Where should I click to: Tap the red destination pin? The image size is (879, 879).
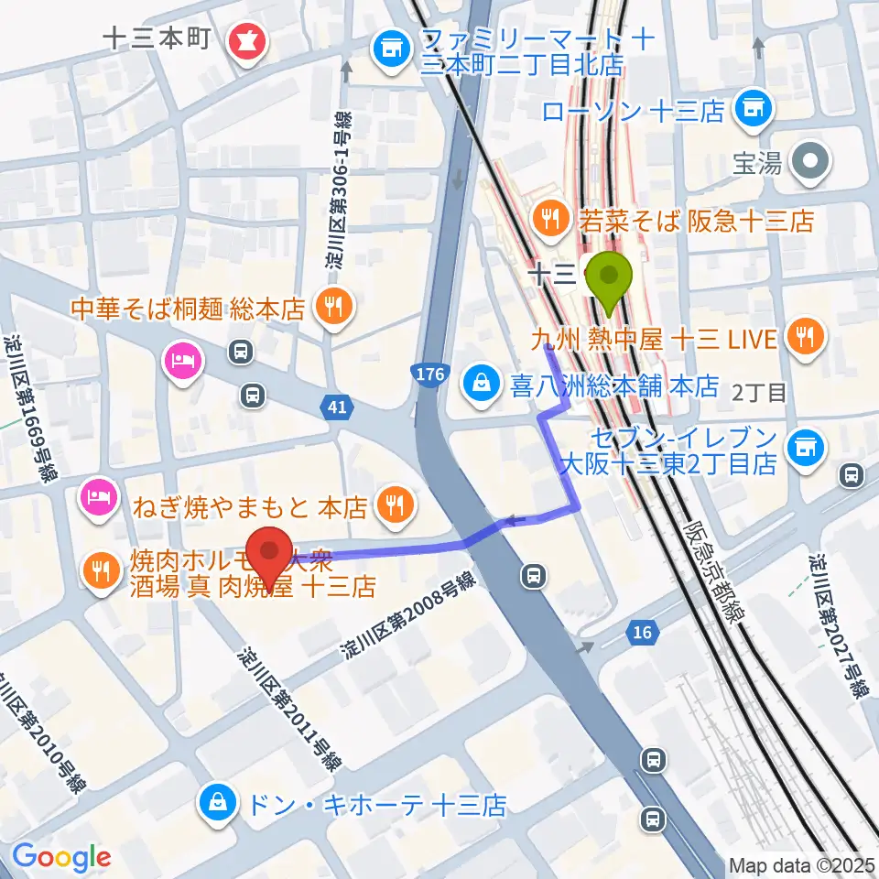[x=270, y=554]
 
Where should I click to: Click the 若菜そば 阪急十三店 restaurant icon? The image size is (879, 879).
[x=549, y=217]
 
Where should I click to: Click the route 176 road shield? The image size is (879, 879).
[x=429, y=374]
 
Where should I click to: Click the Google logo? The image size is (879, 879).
[x=61, y=858]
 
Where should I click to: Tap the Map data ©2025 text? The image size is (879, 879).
[x=802, y=865]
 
